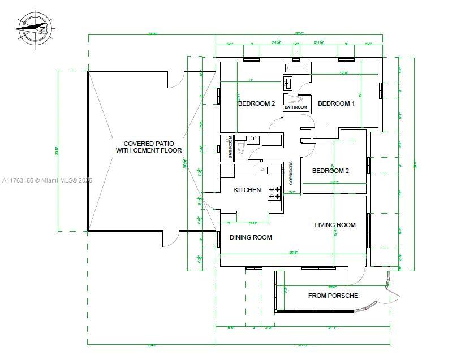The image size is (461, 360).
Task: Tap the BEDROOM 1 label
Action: click(x=336, y=103)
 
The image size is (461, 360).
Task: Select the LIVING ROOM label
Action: click(x=335, y=225)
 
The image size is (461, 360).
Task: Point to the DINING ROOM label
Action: click(x=251, y=237)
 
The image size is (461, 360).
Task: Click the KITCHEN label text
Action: click(x=247, y=190)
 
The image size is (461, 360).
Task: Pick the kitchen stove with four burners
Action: click(x=274, y=193)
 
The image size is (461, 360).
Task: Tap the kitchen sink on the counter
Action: click(x=260, y=170)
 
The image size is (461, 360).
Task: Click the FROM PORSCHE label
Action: click(x=333, y=296)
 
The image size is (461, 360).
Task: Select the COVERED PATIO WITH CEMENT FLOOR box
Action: click(x=149, y=148)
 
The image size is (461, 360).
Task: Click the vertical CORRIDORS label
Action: click(x=291, y=174)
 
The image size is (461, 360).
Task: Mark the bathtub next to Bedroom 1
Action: click(x=295, y=68)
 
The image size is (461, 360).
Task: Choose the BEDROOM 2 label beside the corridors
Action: click(x=330, y=171)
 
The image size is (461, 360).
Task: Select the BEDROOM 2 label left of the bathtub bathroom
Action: click(x=256, y=103)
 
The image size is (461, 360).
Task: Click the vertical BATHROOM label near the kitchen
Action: click(x=230, y=147)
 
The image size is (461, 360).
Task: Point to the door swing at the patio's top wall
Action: click(x=177, y=79)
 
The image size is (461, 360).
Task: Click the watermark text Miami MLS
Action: click(x=47, y=181)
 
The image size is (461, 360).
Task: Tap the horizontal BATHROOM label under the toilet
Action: click(x=295, y=107)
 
